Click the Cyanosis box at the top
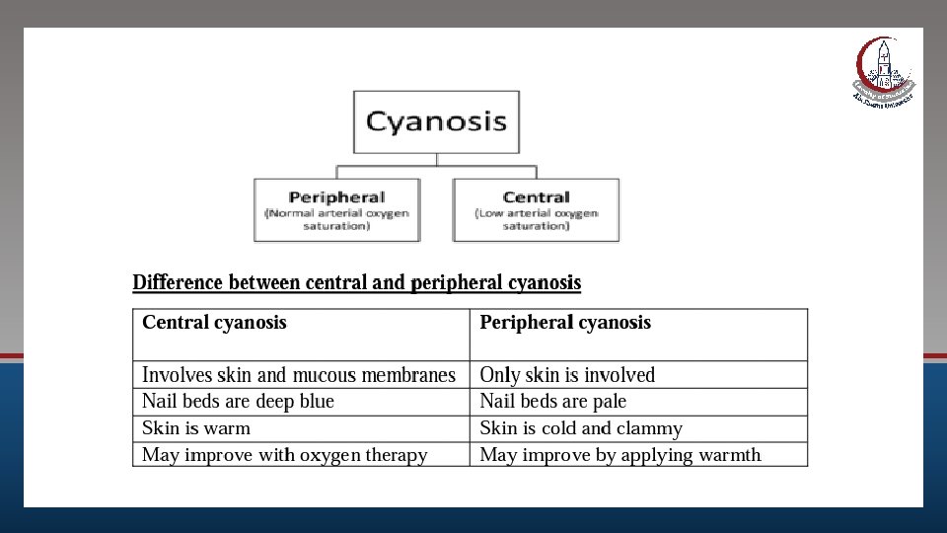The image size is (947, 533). [436, 122]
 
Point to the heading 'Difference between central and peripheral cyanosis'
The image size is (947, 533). [357, 283]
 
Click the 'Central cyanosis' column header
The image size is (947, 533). [214, 323]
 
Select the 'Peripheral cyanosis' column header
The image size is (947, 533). [565, 323]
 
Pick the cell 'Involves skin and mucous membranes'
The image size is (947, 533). [299, 375]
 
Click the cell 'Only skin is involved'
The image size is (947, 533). [567, 375]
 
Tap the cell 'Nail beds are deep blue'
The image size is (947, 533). [238, 402]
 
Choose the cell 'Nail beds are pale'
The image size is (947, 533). [552, 402]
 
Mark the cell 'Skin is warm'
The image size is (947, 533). [196, 428]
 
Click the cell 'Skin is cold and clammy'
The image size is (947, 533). [581, 428]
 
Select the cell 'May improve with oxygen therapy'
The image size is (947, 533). [285, 455]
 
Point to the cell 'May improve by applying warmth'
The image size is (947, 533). [620, 455]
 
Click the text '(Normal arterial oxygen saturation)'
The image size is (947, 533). [336, 219]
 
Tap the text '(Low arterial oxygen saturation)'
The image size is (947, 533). [536, 219]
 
